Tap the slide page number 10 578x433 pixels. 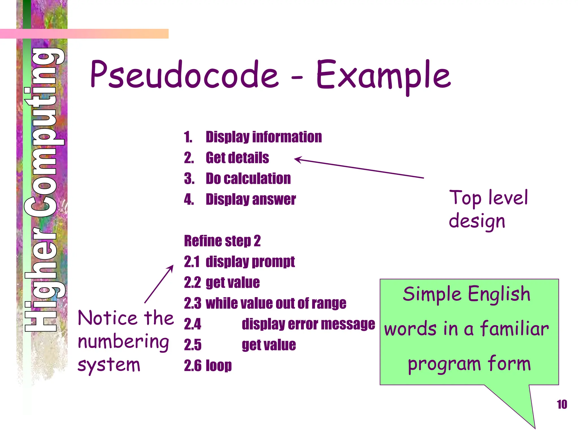(562, 405)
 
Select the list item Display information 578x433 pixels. (264, 137)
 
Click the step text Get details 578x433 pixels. (237, 158)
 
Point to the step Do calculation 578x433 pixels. (248, 178)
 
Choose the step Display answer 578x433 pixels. (251, 199)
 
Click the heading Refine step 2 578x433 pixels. (222, 241)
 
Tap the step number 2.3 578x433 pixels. (192, 303)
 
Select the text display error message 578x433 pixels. (308, 324)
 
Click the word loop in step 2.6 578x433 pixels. (219, 366)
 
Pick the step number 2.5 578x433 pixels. (192, 345)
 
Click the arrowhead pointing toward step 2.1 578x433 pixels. (172, 267)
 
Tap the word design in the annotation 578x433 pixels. (477, 221)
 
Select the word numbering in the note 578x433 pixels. (123, 342)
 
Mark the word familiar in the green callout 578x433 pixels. (514, 329)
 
